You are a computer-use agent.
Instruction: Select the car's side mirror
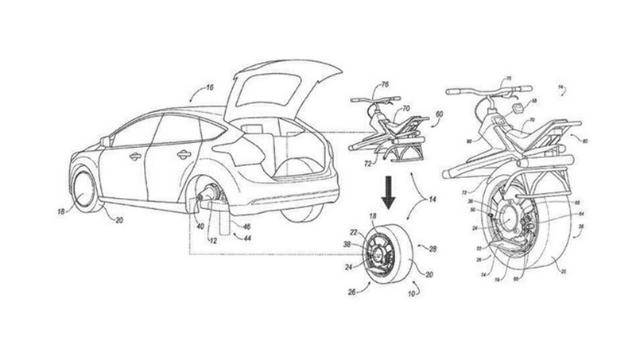coord(104,141)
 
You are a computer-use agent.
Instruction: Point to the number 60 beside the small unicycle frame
coord(438,116)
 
